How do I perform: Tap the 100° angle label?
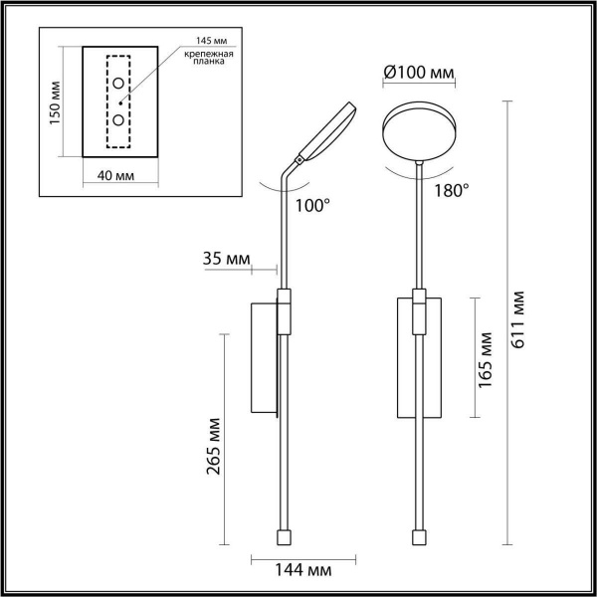(x=312, y=207)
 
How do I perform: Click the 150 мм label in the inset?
(x=56, y=99)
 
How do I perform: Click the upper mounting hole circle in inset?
(x=119, y=83)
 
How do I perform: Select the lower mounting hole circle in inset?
(x=119, y=119)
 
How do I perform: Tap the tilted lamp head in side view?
(x=326, y=130)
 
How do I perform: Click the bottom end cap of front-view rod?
(x=419, y=537)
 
